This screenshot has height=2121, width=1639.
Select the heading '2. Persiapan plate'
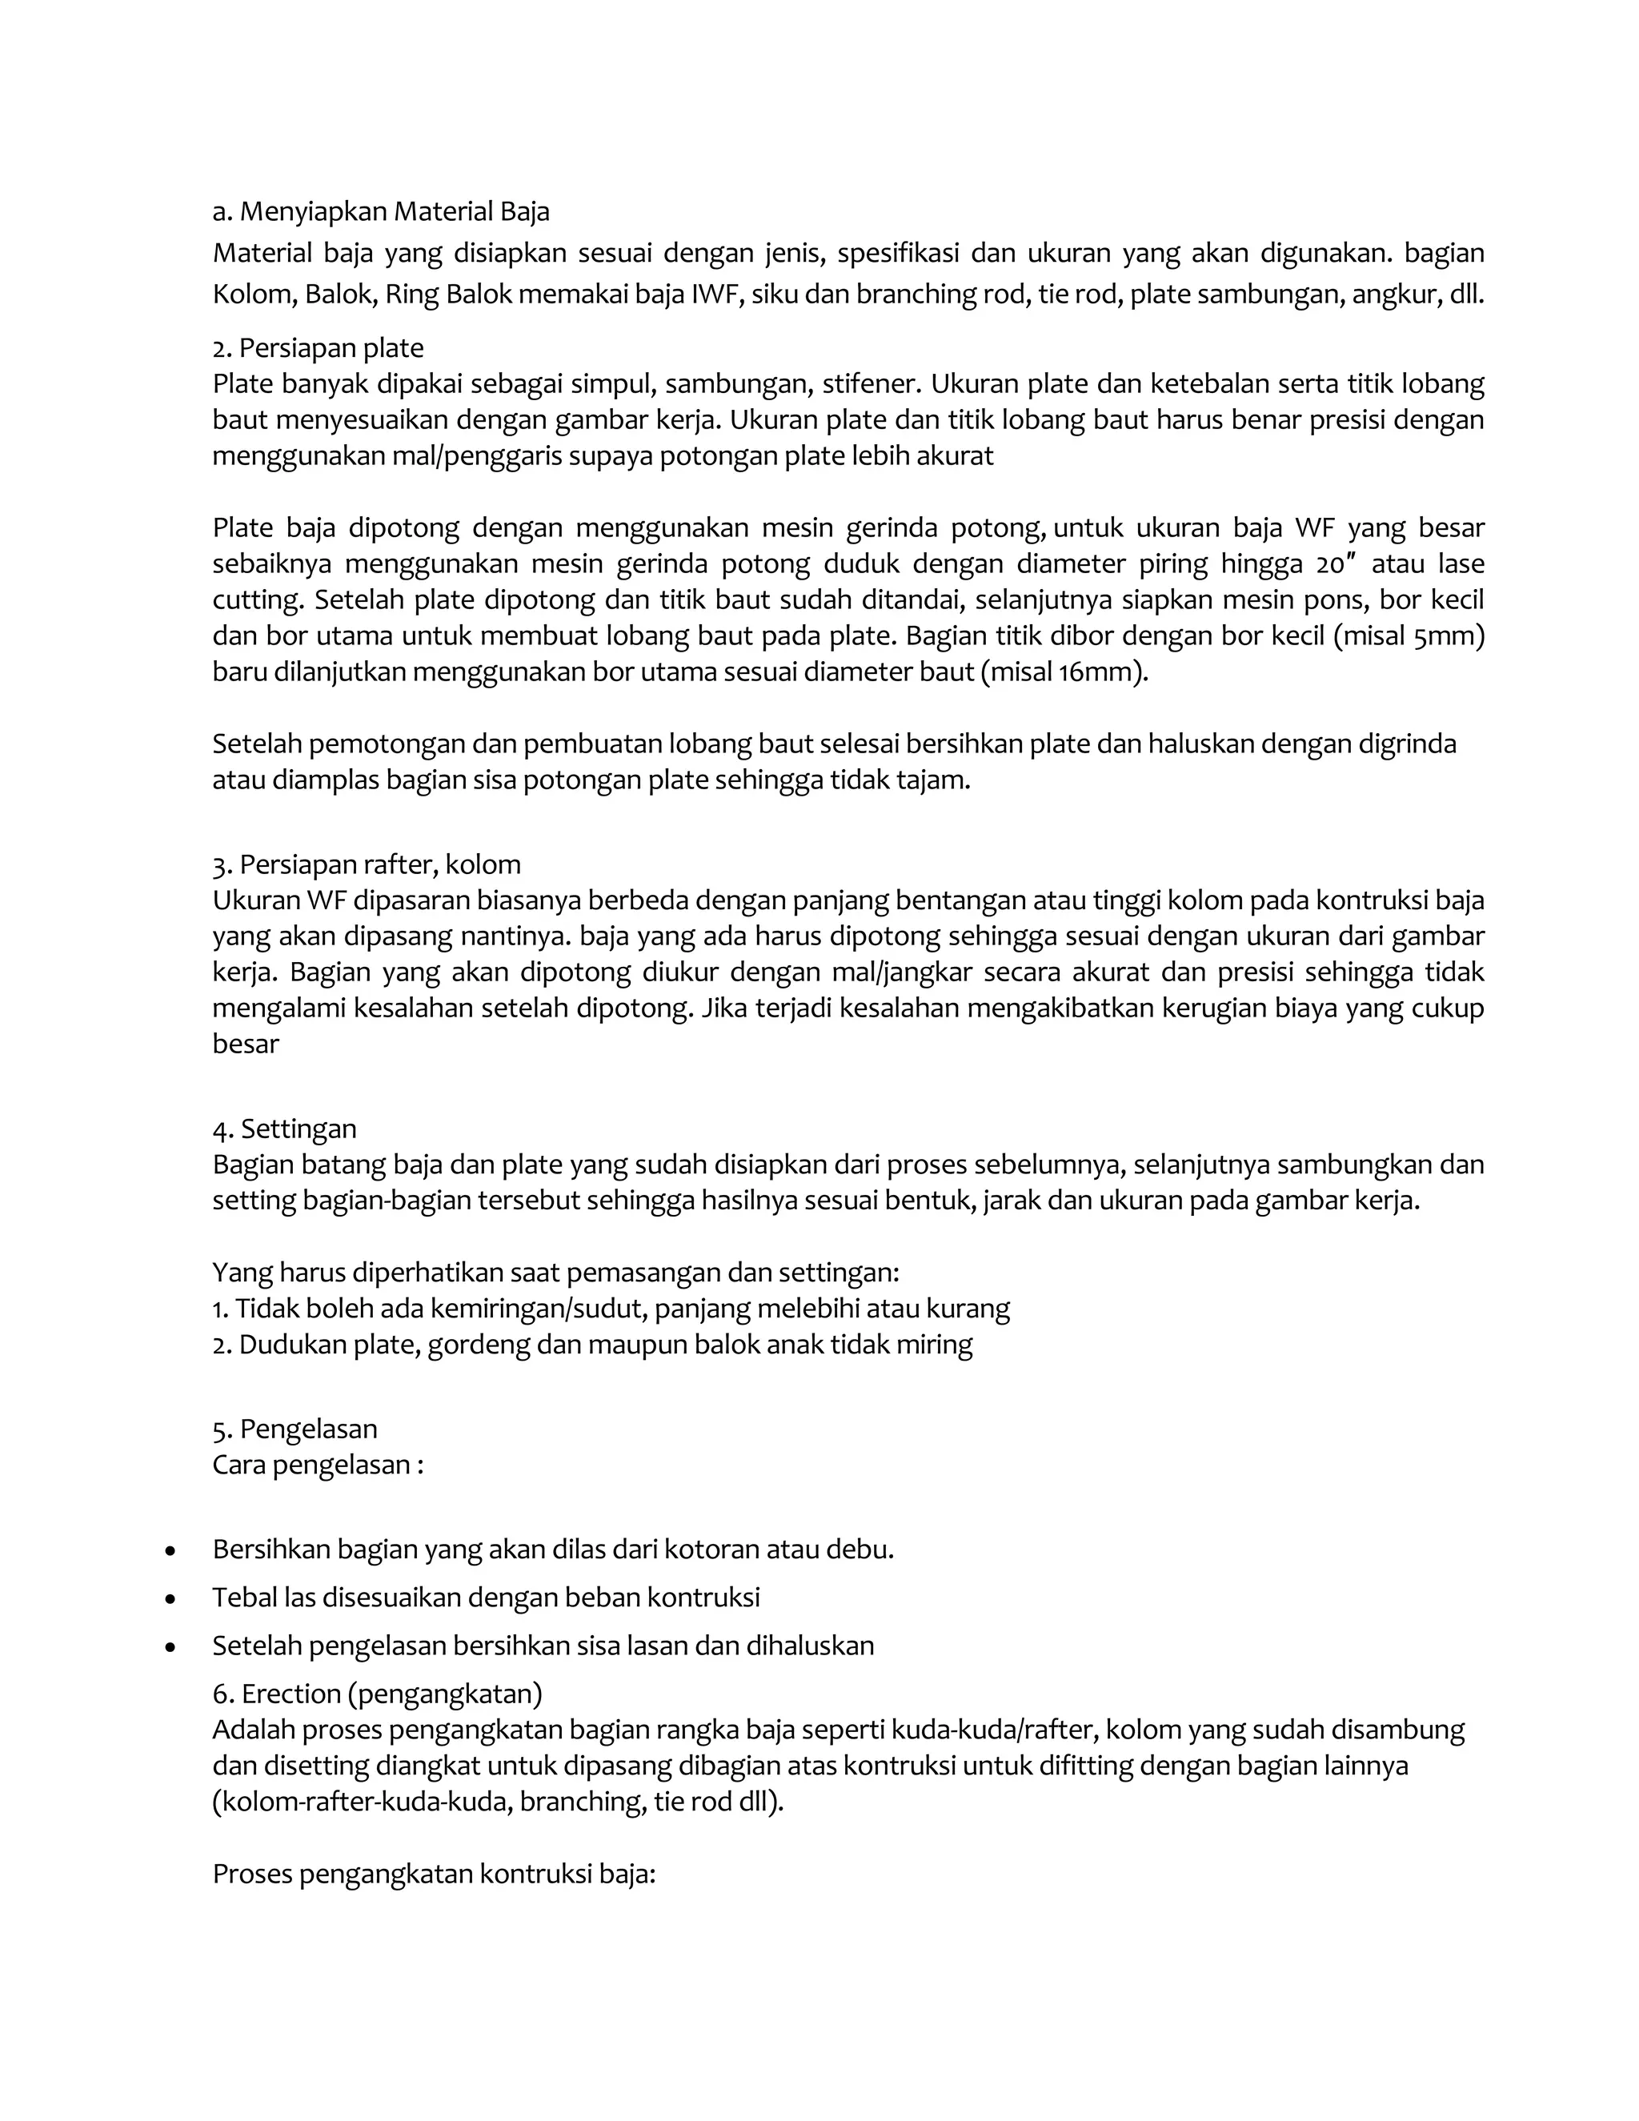(x=318, y=347)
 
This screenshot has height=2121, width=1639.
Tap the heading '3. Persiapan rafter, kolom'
(x=366, y=864)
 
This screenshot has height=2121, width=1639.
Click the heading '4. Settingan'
(x=284, y=1129)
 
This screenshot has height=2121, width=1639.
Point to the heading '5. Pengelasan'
(x=295, y=1429)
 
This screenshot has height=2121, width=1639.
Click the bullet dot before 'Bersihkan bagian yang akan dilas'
(x=171, y=1552)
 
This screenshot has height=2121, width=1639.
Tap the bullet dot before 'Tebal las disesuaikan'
(x=171, y=1599)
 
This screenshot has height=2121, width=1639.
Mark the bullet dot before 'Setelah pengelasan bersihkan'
(x=171, y=1648)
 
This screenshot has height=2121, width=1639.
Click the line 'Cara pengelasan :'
(x=318, y=1465)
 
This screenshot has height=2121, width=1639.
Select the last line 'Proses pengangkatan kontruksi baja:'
(x=434, y=1874)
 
